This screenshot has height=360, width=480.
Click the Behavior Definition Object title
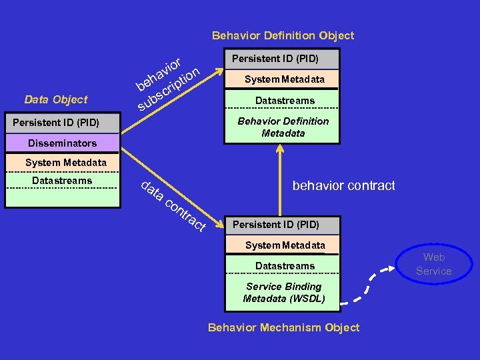283,35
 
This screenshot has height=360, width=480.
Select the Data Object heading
55,99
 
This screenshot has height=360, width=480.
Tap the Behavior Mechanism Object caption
283,327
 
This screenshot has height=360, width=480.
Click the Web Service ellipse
433,264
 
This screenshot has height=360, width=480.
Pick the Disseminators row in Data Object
62,143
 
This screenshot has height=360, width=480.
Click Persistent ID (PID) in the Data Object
56,123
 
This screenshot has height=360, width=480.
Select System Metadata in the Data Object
65,163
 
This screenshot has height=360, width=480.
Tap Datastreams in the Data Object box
62,181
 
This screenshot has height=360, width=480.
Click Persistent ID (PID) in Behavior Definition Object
275,59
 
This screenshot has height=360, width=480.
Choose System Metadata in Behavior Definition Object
284,79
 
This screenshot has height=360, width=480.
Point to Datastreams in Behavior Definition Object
285,101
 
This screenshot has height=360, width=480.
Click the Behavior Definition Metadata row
283,127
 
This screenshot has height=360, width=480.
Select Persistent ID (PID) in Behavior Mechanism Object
275,225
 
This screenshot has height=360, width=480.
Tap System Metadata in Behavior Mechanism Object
285,245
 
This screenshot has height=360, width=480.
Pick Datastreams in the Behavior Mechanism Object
285,266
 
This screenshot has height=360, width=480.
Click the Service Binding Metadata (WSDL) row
284,292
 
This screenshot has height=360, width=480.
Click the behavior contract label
343,186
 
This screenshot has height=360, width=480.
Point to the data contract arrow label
173,206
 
